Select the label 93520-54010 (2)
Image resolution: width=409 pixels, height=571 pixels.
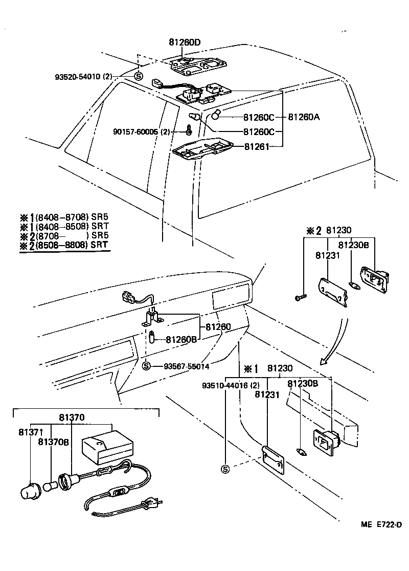83,77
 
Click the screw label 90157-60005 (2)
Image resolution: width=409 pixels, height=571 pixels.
141,131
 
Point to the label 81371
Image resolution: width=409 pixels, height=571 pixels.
31,432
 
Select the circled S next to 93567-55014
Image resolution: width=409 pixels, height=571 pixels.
146,365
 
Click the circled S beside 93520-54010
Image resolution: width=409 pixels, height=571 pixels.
138,77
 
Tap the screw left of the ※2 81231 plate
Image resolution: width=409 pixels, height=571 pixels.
300,296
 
